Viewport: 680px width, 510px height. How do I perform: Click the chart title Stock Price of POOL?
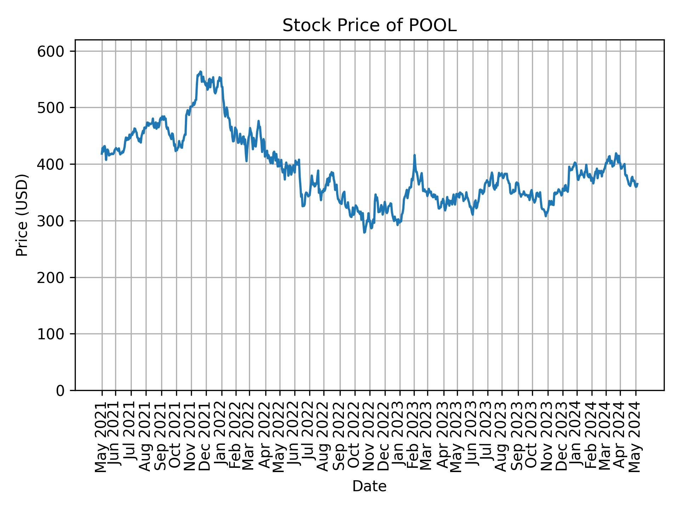[x=369, y=26]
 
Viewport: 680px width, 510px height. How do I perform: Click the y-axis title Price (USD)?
[x=22, y=215]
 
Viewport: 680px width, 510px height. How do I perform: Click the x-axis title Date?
[x=369, y=487]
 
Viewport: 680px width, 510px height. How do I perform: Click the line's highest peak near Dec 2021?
[x=200, y=72]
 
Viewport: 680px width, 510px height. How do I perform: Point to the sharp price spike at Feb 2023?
[x=414, y=155]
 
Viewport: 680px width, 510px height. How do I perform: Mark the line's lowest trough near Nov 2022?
[x=364, y=232]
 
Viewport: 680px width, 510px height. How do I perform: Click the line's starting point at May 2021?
[x=102, y=154]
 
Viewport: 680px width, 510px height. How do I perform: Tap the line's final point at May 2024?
[x=637, y=184]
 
